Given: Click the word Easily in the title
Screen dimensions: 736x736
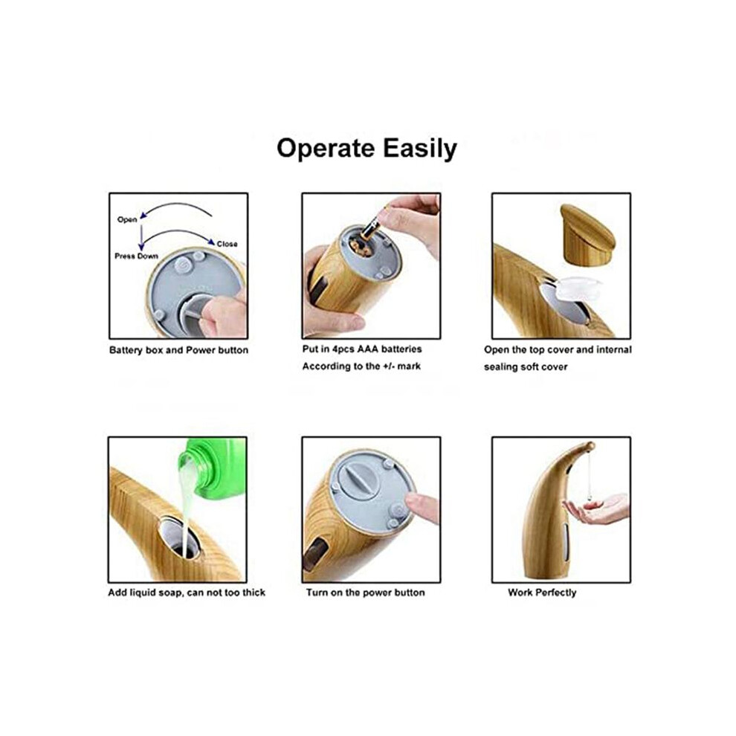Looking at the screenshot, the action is (x=419, y=149).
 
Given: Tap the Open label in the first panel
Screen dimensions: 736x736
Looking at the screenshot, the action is (x=126, y=219).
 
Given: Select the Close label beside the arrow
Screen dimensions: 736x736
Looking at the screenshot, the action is (x=227, y=244).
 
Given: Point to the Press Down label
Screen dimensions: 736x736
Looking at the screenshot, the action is (x=136, y=256).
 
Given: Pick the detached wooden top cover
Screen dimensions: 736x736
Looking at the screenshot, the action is (x=587, y=235).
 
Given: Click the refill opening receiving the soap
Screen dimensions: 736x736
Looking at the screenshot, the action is (x=180, y=538).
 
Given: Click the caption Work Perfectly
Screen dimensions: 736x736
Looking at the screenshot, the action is (x=542, y=593).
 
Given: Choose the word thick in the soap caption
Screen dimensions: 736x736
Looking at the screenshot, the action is (x=254, y=593).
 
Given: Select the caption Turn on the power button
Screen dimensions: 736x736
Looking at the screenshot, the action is (x=366, y=593).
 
